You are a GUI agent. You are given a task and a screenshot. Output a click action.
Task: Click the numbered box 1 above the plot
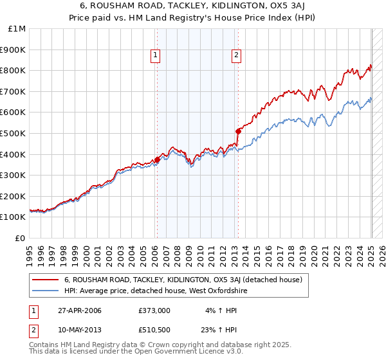(156, 56)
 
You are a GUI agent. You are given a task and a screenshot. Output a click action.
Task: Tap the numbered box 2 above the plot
(236, 56)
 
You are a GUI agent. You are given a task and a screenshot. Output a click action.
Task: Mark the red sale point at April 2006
(157, 159)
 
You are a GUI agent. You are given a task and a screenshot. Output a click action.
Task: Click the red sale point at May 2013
(237, 130)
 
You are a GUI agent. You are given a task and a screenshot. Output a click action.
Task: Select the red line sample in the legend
(46, 280)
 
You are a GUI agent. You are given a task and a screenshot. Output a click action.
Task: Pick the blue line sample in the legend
(46, 291)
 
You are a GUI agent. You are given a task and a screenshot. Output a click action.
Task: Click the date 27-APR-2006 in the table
(80, 310)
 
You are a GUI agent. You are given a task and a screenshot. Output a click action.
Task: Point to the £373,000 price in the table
(154, 310)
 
